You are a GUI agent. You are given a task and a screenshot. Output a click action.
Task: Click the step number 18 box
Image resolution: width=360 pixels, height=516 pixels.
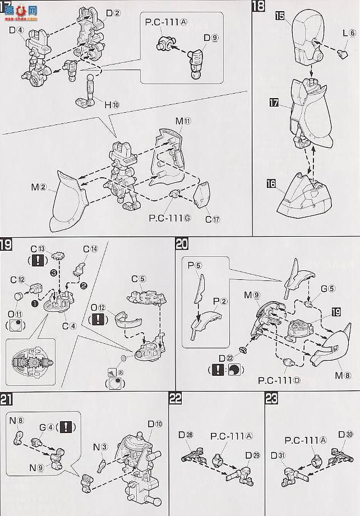click(x=259, y=8)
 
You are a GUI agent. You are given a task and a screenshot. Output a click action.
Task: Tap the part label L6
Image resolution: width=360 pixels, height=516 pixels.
click(x=348, y=34)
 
